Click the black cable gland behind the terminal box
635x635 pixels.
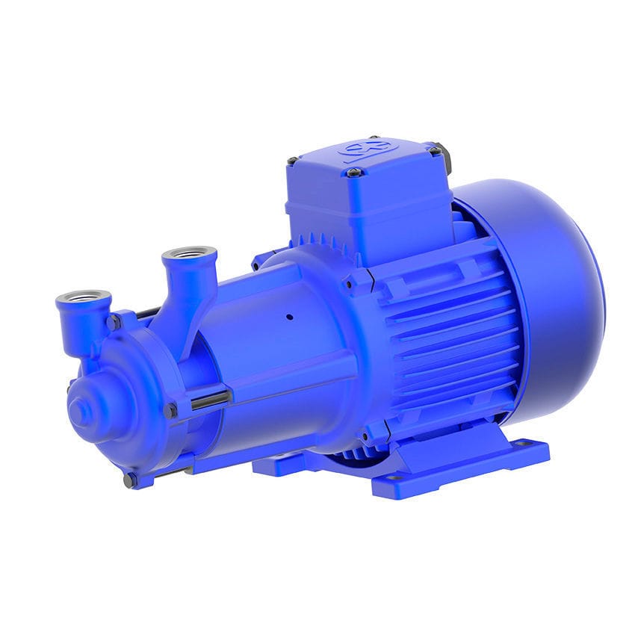(446, 156)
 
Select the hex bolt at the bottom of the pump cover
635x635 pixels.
(130, 480)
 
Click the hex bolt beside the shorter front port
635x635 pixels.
(114, 322)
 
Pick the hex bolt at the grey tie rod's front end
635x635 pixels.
(171, 410)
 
